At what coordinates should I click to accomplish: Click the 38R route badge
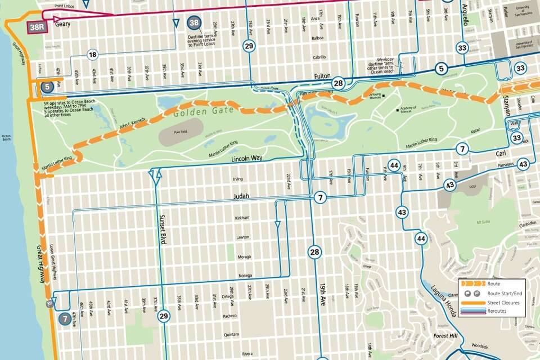[37, 26]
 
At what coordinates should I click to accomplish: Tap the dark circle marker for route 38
[195, 23]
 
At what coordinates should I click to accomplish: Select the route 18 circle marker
[93, 55]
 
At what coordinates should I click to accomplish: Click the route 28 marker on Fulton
[337, 83]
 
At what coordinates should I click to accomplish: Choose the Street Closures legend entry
[503, 303]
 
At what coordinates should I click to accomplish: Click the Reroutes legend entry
[497, 310]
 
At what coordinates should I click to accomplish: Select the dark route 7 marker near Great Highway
[65, 318]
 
